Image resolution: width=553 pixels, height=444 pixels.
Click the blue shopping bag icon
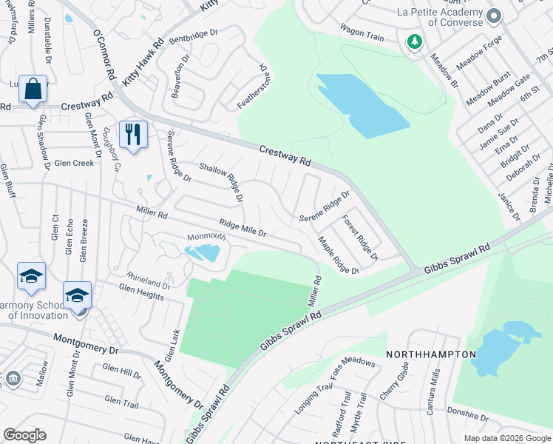(33, 90)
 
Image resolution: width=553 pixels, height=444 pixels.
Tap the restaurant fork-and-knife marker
(133, 135)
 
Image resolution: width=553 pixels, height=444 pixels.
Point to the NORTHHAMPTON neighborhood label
(431, 354)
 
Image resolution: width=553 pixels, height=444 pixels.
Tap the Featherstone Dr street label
(251, 87)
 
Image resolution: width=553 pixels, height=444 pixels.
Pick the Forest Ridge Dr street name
(360, 238)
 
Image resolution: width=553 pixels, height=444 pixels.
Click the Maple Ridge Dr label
(338, 255)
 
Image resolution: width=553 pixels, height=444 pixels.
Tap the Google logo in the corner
(24, 435)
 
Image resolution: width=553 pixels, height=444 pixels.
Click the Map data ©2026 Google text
(506, 438)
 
